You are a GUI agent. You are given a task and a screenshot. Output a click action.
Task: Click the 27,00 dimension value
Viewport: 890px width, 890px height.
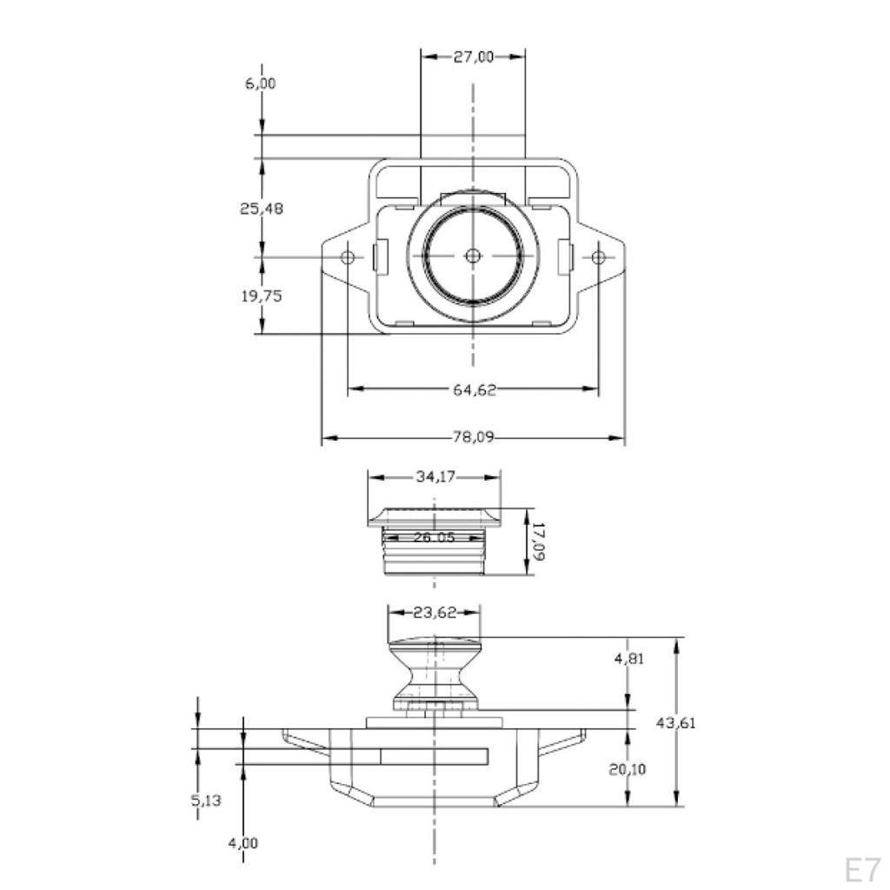(474, 56)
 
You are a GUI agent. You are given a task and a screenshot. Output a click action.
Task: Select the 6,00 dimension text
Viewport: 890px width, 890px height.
(261, 83)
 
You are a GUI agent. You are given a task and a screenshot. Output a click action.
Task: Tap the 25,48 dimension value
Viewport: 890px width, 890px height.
(261, 209)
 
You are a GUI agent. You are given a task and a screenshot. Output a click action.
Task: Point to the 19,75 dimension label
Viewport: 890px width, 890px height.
(261, 296)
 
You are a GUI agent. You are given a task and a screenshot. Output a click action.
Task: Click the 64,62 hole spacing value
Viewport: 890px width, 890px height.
(474, 389)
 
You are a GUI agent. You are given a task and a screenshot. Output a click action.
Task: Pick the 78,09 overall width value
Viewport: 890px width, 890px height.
(473, 437)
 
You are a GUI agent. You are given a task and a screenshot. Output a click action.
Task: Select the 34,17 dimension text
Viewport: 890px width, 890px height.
(435, 476)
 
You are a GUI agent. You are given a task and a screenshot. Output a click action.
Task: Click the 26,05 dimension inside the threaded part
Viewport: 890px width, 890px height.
(435, 537)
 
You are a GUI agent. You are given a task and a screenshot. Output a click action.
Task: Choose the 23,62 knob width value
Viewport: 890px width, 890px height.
(435, 613)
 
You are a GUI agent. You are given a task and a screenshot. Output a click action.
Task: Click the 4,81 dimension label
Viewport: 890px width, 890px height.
(629, 659)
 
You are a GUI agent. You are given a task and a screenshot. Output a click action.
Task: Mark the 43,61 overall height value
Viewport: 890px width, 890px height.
(675, 722)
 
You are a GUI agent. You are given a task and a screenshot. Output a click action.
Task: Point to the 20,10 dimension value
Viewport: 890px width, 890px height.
(628, 769)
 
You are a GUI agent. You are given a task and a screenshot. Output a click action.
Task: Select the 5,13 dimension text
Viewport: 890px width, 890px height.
(205, 800)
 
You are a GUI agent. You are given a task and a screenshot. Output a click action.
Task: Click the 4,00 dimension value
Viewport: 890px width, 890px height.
(243, 843)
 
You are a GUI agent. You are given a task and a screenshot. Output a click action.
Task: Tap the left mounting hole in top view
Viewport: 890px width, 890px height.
(348, 257)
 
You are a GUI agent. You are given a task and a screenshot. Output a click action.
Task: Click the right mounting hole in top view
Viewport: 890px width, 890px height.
(598, 257)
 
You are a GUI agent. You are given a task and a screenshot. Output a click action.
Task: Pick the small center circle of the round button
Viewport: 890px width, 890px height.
(473, 256)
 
